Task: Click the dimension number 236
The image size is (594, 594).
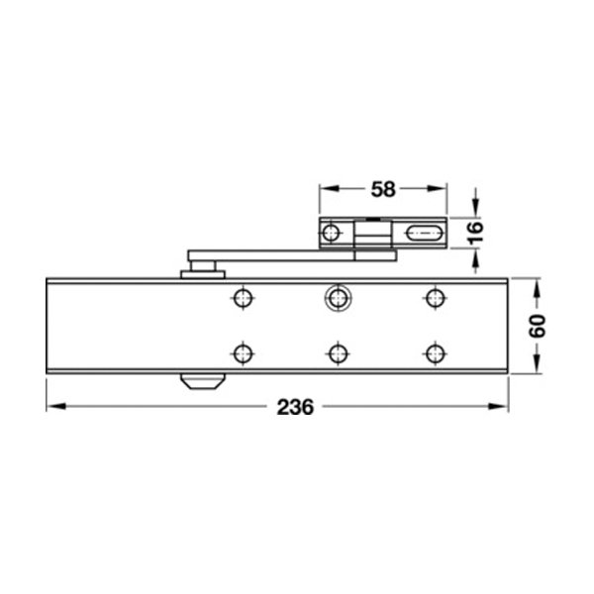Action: [295, 407]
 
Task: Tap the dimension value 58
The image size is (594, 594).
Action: [383, 189]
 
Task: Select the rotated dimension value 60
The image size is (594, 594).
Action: [538, 326]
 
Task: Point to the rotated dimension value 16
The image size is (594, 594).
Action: [474, 233]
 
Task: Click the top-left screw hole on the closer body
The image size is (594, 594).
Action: [243, 298]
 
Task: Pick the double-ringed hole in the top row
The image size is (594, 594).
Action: [338, 298]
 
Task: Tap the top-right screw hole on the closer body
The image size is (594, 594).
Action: [435, 298]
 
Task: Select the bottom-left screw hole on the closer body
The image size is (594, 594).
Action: [243, 353]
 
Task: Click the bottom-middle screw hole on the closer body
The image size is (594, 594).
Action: [338, 353]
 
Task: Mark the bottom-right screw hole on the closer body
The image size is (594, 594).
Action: [435, 353]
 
